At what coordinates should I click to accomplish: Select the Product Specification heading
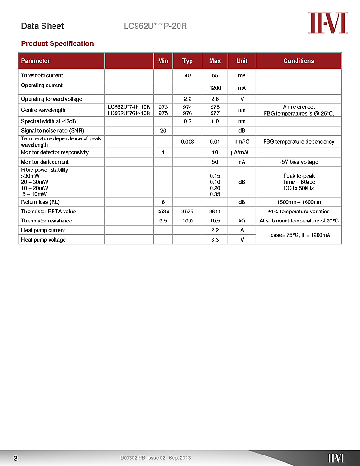click(x=57, y=44)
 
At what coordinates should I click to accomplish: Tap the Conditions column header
click(x=298, y=61)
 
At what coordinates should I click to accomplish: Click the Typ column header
click(x=188, y=61)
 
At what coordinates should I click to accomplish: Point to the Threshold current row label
click(x=42, y=75)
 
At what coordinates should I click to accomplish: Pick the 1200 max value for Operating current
click(x=215, y=88)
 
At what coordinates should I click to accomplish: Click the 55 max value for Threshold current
click(x=215, y=75)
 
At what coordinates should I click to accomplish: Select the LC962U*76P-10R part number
click(x=129, y=113)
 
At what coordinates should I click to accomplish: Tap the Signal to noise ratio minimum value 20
click(x=163, y=130)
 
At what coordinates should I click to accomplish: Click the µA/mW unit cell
click(x=242, y=152)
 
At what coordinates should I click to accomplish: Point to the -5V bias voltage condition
click(x=299, y=162)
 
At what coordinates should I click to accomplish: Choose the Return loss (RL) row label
click(x=40, y=202)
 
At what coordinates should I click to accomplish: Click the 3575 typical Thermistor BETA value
click(x=188, y=212)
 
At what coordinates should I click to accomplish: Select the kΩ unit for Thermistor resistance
click(x=242, y=221)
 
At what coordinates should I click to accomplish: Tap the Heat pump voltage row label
click(x=43, y=240)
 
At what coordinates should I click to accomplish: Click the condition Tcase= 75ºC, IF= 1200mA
click(x=299, y=235)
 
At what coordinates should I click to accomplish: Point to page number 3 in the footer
click(x=15, y=458)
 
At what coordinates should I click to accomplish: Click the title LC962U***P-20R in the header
click(x=155, y=26)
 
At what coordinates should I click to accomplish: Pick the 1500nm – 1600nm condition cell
click(x=299, y=202)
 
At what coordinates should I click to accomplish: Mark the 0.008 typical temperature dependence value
click(x=188, y=142)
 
